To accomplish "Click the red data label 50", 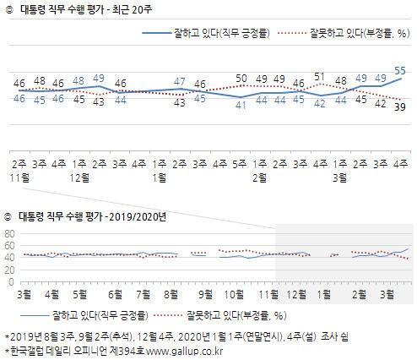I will [241, 79].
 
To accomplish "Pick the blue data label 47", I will [180, 81].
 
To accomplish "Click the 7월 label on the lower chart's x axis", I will [144, 296].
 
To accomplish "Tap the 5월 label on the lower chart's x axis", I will [81, 296].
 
